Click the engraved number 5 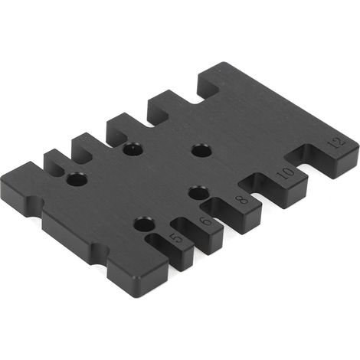pyautogui.click(x=176, y=239)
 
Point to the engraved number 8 pyautogui.click(x=243, y=200)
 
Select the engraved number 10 pyautogui.click(x=286, y=174)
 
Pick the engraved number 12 pyautogui.click(x=337, y=142)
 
